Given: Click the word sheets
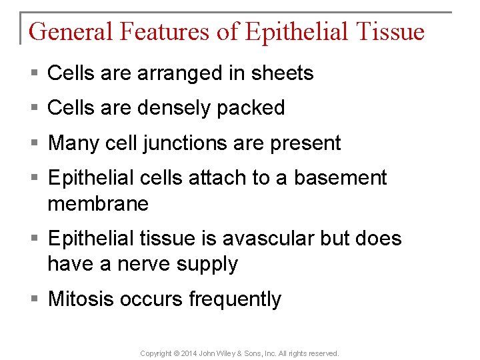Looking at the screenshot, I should click(x=283, y=73).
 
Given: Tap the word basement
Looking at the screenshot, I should click(x=340, y=178).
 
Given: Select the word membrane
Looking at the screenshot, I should click(x=98, y=204).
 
